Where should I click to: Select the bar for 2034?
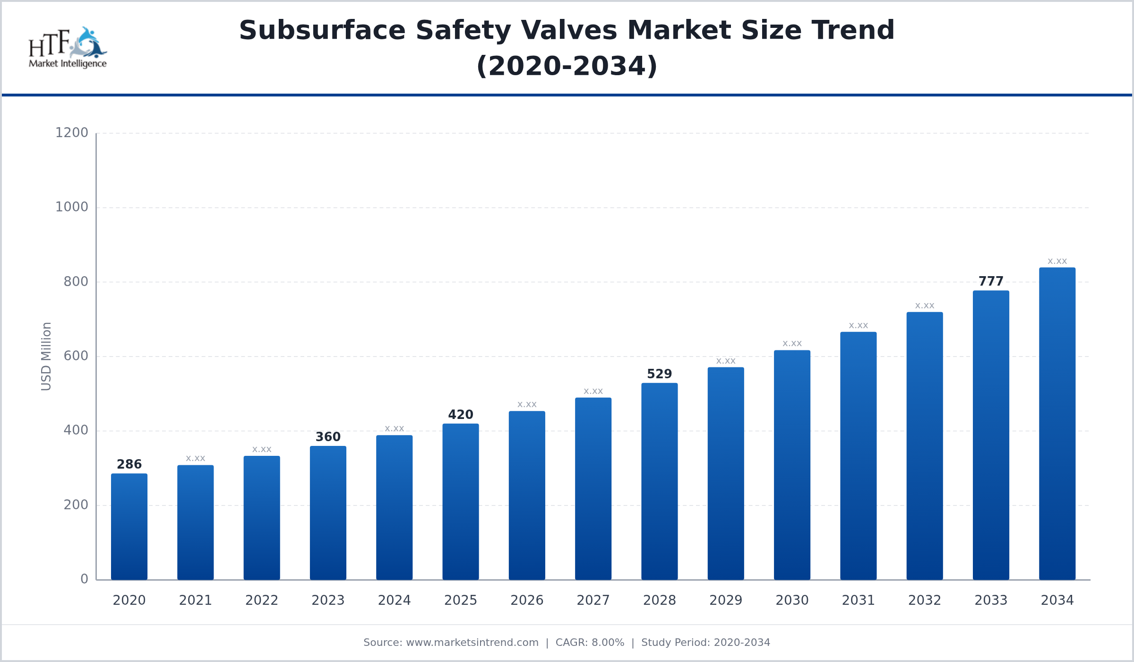1057,424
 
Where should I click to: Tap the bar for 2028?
659,481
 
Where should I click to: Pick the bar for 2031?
858,456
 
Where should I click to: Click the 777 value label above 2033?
991,281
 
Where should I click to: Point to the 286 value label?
129,464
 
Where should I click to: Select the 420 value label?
461,415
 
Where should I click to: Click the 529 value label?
659,374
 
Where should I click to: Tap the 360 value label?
328,437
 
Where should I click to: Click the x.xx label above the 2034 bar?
1057,261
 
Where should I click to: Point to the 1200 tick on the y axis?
72,133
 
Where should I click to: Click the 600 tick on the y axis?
76,356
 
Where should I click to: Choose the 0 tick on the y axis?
84,579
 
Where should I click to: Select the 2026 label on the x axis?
527,601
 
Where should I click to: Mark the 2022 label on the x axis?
262,601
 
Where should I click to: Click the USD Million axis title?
46,357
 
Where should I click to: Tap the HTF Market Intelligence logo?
68,47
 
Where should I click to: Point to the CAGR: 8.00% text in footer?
590,643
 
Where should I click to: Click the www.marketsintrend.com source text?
472,643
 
